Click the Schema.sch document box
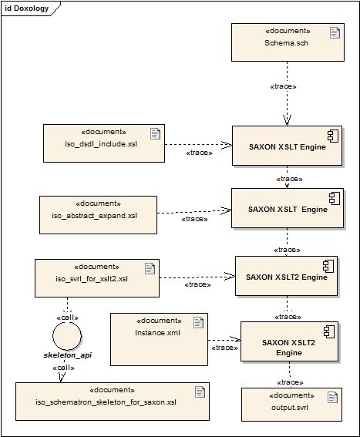tap(287, 42)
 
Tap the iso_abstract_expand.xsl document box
tap(98, 213)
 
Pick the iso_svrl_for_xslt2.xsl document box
tap(97, 277)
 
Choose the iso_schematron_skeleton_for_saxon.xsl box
tap(112, 400)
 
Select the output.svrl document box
tap(291, 403)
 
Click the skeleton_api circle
tap(66, 337)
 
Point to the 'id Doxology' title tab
tap(26, 8)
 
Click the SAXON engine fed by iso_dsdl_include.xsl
tap(287, 145)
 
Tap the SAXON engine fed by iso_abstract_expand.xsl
tap(287, 208)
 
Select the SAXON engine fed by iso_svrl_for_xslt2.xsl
tap(287, 275)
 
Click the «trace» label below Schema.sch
tap(284, 86)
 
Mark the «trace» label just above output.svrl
tap(290, 382)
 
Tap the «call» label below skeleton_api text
tap(64, 368)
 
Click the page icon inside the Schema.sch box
tap(335, 32)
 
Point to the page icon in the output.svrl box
tap(333, 397)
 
